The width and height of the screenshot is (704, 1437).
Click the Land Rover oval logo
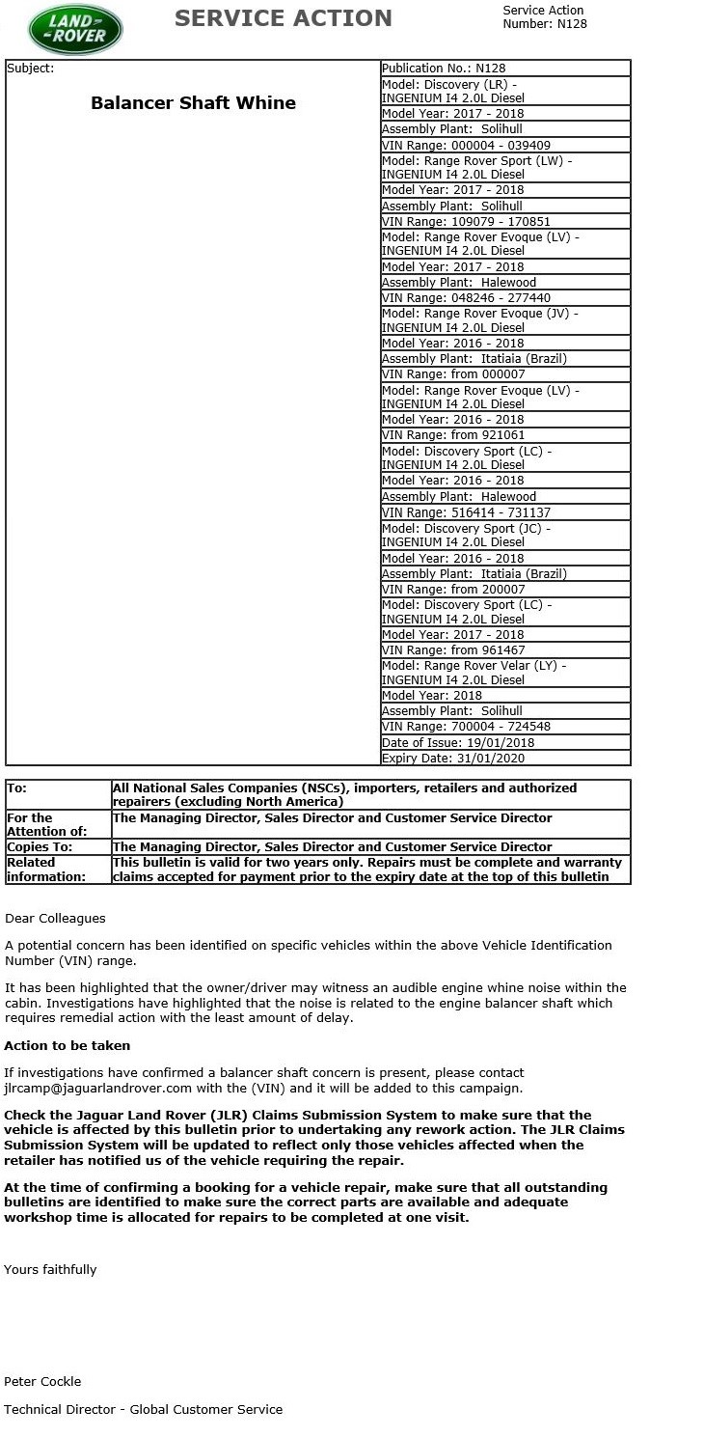[x=75, y=30]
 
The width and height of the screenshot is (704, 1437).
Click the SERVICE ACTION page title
[x=283, y=18]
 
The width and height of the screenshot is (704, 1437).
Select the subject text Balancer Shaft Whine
[x=193, y=103]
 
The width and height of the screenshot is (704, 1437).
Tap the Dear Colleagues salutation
[x=55, y=918]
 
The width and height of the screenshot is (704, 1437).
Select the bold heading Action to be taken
[x=67, y=1045]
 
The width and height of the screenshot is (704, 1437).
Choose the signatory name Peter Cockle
[x=42, y=1381]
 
